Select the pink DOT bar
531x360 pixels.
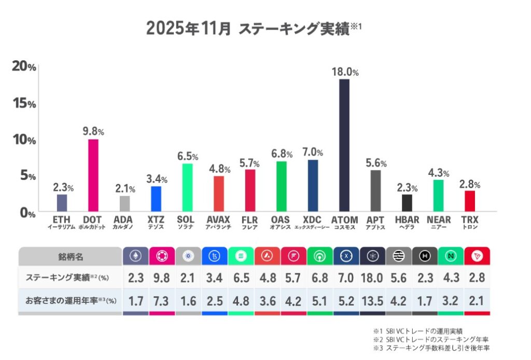click(93, 175)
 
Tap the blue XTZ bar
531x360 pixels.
click(156, 198)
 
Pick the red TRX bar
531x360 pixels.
click(470, 201)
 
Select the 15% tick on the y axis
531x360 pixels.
click(24, 103)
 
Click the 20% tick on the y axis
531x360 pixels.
click(24, 67)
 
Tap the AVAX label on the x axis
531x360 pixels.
click(218, 220)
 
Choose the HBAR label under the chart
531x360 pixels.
click(407, 220)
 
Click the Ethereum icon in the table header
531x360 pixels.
click(137, 256)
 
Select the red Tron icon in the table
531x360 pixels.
click(477, 256)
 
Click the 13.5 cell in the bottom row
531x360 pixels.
click(372, 301)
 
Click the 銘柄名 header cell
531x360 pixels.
click(70, 256)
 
